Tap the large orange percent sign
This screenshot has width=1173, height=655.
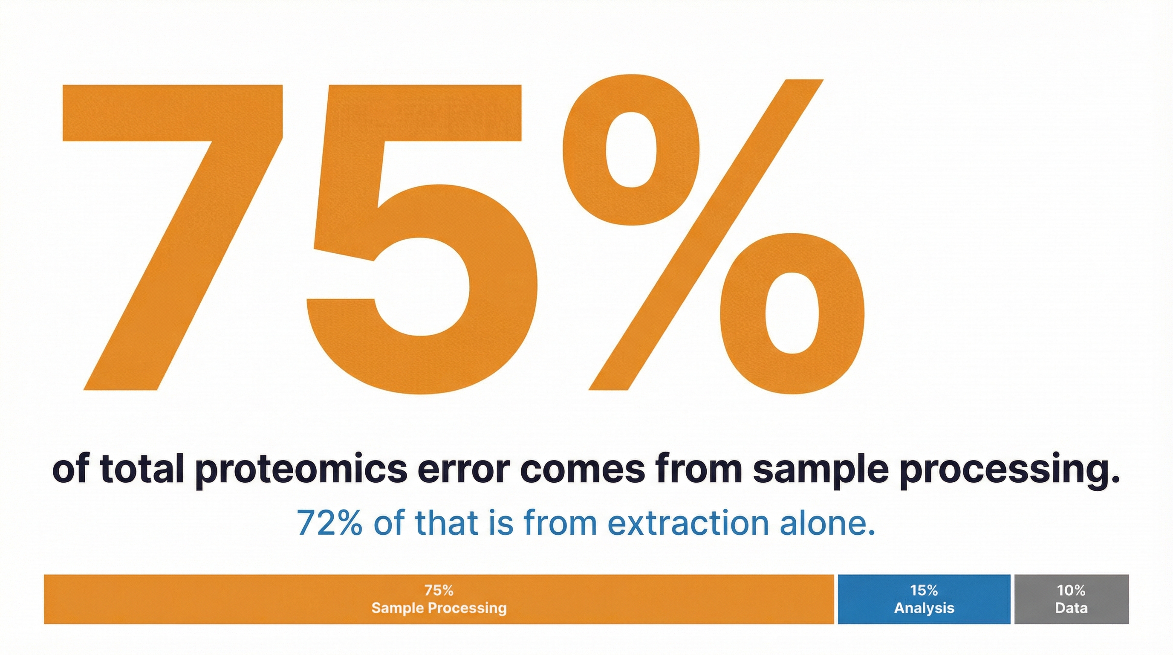711,237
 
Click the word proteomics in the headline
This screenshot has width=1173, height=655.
300,470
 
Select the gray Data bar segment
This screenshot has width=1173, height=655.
1072,599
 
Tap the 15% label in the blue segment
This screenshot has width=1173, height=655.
924,591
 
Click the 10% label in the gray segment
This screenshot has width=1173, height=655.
1071,591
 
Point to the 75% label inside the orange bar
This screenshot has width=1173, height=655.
439,591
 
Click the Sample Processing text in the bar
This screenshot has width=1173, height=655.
439,608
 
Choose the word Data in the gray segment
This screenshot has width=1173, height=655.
1071,608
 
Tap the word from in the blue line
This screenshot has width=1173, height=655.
560,523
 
